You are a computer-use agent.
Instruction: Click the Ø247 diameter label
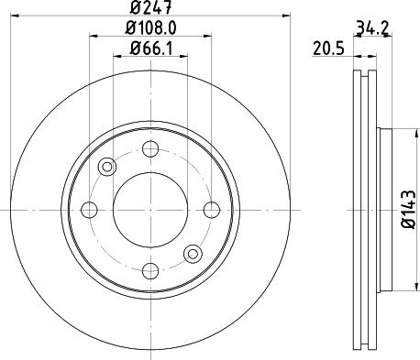point(150,7)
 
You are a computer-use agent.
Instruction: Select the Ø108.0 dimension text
point(150,28)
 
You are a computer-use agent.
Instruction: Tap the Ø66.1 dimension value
point(151,49)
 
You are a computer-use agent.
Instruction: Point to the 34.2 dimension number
point(372,28)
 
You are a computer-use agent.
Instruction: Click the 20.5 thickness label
point(328,49)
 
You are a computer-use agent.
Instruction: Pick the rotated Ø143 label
point(409,209)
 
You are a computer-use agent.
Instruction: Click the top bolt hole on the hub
point(150,149)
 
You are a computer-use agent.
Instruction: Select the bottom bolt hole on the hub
point(150,271)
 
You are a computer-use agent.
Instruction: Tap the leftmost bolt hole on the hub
point(89,210)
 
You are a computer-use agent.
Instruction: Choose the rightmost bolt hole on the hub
point(212,210)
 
